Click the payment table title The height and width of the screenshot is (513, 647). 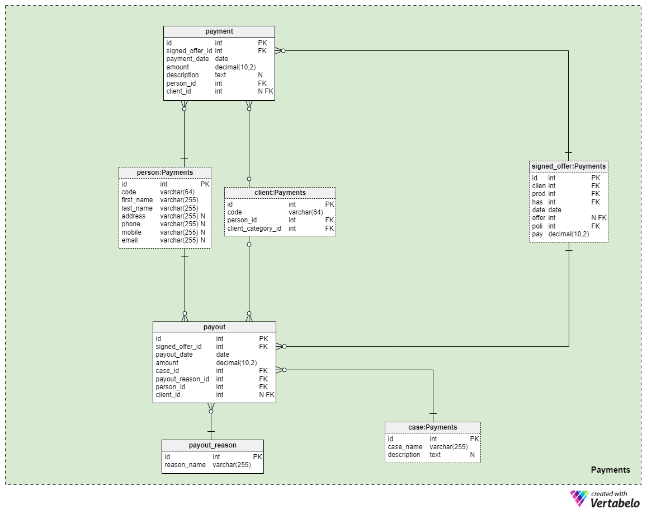(219, 31)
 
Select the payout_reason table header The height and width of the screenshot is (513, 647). (212, 445)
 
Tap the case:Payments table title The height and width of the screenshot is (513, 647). (432, 427)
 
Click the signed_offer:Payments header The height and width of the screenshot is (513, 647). (569, 166)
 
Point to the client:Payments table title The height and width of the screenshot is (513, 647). (280, 193)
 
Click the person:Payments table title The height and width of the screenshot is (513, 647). (164, 172)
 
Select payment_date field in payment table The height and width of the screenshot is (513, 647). (187, 59)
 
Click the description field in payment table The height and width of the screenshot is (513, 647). (182, 75)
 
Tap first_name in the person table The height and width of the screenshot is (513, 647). (137, 200)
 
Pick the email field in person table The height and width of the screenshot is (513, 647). (130, 241)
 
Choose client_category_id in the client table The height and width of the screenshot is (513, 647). (254, 228)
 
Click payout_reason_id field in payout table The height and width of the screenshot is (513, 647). (182, 379)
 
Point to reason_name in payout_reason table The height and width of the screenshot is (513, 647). (185, 465)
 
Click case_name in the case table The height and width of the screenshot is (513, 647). (405, 447)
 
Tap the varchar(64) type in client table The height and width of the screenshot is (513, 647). (306, 212)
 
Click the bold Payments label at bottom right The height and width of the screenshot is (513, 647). (610, 470)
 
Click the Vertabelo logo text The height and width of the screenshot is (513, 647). (615, 503)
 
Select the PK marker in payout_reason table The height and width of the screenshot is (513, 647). (257, 457)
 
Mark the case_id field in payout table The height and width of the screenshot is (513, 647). (167, 371)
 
